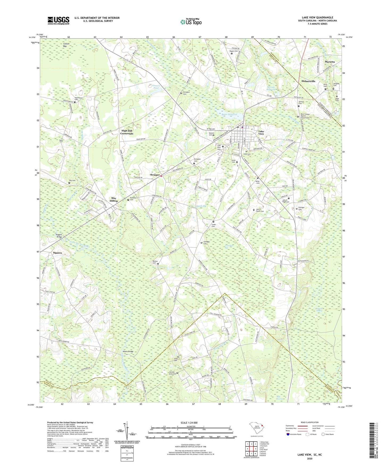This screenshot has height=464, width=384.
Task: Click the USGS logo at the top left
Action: (58, 20)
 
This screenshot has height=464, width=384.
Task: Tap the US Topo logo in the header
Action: (191, 22)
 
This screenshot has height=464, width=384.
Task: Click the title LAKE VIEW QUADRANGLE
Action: (317, 17)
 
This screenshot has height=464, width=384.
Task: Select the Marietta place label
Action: (330, 62)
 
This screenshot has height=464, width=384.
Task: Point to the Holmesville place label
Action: (308, 81)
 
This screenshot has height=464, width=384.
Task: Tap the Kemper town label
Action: (155, 175)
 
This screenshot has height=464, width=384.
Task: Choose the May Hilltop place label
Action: (114, 200)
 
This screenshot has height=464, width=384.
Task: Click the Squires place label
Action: (57, 253)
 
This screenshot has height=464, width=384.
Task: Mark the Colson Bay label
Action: (66, 45)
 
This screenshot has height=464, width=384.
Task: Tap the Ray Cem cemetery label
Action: (72, 181)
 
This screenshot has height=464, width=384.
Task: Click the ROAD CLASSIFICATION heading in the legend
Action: (310, 422)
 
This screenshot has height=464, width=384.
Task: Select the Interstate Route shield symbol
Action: (288, 434)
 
